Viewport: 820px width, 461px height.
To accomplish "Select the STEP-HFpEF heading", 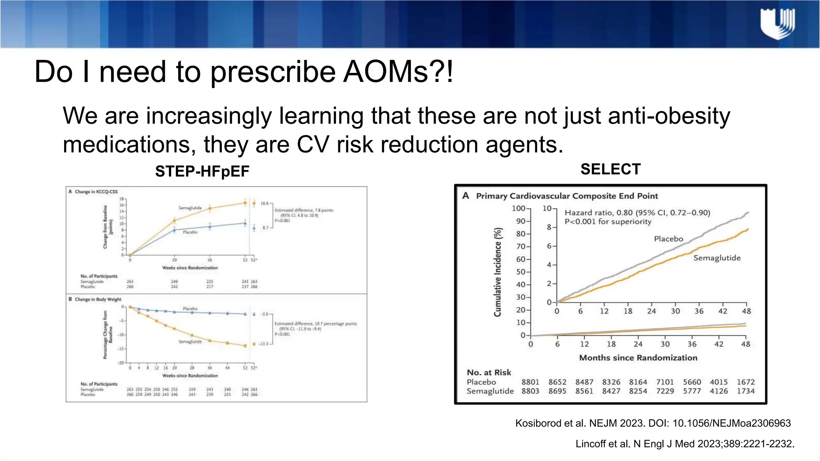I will pyautogui.click(x=202, y=172).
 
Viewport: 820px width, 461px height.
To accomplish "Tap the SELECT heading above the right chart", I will pyautogui.click(x=610, y=169).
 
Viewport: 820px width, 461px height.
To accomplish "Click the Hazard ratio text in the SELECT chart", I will pyautogui.click(x=637, y=213).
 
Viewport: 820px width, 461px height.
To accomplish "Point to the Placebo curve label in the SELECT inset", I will pyautogui.click(x=668, y=239).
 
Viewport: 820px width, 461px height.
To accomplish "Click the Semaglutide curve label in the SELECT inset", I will pyautogui.click(x=717, y=258).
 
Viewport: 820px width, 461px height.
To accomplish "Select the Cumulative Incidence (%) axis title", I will pyautogui.click(x=498, y=272).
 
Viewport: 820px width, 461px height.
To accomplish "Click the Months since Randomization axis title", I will pyautogui.click(x=638, y=358).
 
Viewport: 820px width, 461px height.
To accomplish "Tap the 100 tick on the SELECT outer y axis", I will pyautogui.click(x=518, y=208).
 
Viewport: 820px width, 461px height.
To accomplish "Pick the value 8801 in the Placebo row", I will pyautogui.click(x=530, y=382).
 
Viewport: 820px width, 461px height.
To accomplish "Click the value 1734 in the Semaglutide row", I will pyautogui.click(x=746, y=391).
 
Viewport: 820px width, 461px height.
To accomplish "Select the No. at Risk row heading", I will pyautogui.click(x=489, y=373).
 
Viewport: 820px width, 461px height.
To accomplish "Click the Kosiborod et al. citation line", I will pyautogui.click(x=653, y=423).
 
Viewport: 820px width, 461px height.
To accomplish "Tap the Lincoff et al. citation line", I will pyautogui.click(x=685, y=444).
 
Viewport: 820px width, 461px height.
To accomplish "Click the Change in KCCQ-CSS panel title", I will pyautogui.click(x=96, y=192).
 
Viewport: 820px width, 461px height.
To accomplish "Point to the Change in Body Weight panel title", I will pyautogui.click(x=98, y=299).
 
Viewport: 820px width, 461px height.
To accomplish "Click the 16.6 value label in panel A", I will pyautogui.click(x=264, y=203).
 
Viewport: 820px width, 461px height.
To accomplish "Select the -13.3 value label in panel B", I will pyautogui.click(x=263, y=344).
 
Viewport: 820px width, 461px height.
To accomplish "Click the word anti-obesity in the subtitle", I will pyautogui.click(x=669, y=116).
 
